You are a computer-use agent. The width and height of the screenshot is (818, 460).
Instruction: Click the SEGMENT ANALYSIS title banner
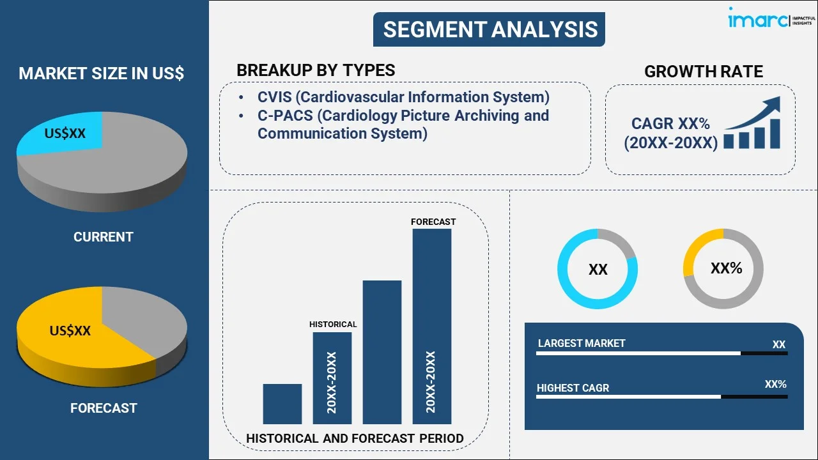(489, 29)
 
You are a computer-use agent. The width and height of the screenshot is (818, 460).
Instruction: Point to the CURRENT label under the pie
(103, 237)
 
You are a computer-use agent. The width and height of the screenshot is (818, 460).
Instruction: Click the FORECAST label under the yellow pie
(104, 408)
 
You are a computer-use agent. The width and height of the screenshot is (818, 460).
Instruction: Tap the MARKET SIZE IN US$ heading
(101, 73)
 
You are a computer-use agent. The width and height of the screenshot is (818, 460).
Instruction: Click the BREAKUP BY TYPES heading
(316, 70)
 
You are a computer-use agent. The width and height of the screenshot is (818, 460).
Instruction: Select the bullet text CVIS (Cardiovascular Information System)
(403, 97)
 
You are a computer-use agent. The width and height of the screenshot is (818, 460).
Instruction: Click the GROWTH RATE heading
(703, 72)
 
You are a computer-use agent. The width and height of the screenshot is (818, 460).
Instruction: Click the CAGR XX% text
(670, 124)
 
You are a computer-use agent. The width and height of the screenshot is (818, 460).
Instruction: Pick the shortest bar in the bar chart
(282, 404)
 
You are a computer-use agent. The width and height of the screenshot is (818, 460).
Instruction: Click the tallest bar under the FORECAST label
(432, 326)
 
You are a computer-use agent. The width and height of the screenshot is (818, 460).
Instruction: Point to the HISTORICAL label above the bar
(333, 325)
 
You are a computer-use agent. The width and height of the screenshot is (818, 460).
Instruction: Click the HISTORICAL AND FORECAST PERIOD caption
(355, 439)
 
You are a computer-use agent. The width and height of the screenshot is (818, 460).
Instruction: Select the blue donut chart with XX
(598, 269)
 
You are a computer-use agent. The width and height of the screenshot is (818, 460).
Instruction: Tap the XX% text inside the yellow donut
(726, 268)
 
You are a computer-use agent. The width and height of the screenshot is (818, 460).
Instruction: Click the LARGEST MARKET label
(582, 344)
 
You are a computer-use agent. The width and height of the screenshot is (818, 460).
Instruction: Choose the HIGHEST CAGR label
(573, 388)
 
